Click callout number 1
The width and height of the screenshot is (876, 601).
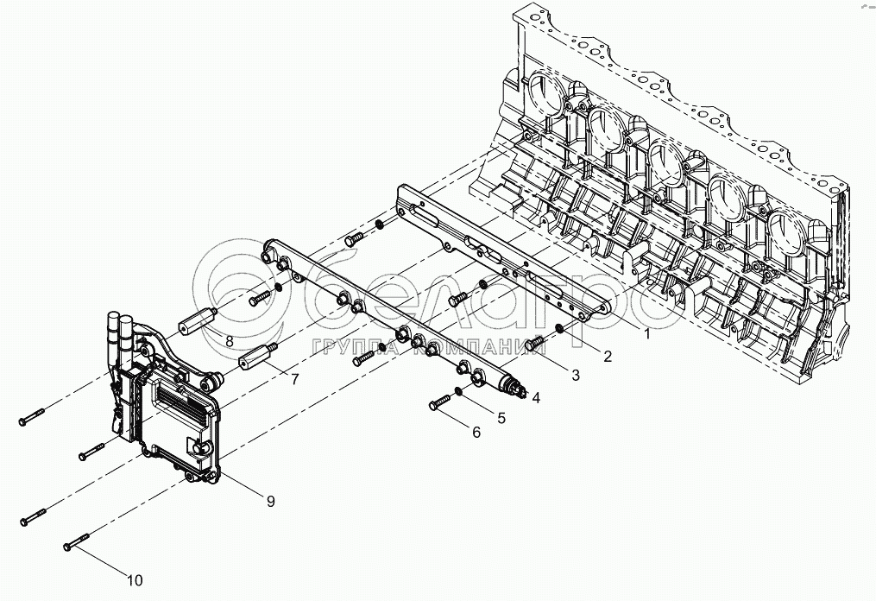[x=647, y=335]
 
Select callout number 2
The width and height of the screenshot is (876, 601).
[x=607, y=356]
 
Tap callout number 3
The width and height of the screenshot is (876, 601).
[x=575, y=375]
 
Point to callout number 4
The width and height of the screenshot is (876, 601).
[x=536, y=398]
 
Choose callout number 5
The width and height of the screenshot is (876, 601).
[x=501, y=418]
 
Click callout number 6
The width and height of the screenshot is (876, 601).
[x=476, y=432]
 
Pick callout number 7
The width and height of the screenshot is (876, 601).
[x=293, y=379]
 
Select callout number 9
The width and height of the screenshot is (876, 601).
[x=270, y=502]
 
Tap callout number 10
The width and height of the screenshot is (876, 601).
[x=135, y=580]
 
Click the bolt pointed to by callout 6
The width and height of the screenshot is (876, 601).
[x=439, y=401]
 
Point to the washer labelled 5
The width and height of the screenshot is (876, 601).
[x=457, y=391]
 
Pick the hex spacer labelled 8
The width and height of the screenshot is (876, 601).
[x=198, y=319]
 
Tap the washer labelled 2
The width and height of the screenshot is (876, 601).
[x=558, y=330]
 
